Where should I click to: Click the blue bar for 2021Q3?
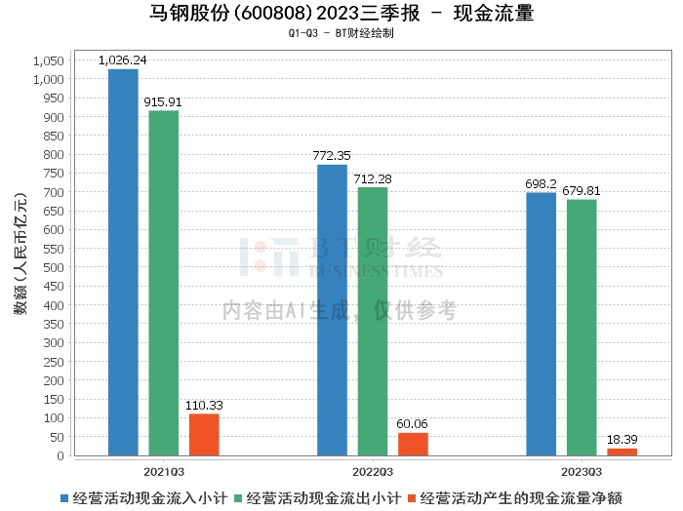pos(123,261)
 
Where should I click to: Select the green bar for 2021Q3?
pos(164,283)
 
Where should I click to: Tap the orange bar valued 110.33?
pos(204,434)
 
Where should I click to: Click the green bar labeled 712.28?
pos(373,321)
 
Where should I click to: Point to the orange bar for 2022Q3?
pos(413,444)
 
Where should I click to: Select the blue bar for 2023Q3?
pos(541,324)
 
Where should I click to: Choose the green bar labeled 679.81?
pos(582,327)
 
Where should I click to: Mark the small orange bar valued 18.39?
pos(622,452)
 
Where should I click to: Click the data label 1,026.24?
pos(123,60)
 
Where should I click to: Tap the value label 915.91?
pos(163,101)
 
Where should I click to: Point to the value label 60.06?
pos(413,424)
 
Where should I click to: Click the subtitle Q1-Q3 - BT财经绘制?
pos(341,33)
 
